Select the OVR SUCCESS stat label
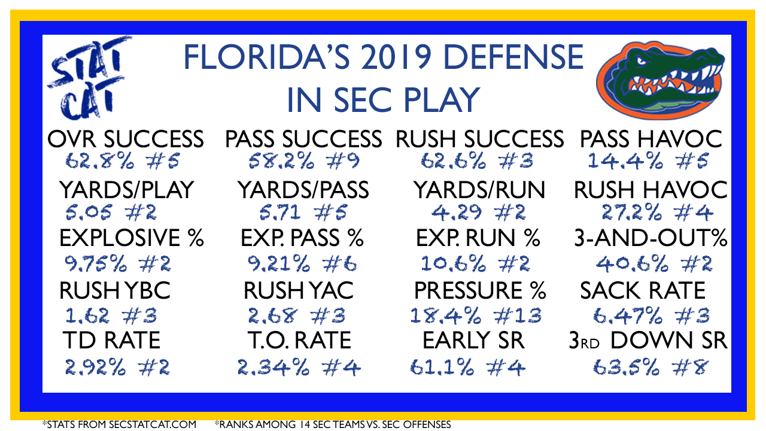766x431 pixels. (x=126, y=139)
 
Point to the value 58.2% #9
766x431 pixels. (x=303, y=161)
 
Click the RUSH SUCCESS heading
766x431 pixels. (x=479, y=139)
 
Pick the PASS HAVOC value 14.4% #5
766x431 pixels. (x=648, y=161)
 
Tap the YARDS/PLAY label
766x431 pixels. (x=126, y=190)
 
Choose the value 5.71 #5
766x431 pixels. (x=303, y=212)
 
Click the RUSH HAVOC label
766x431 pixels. (x=651, y=190)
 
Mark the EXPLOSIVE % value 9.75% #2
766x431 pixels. (x=118, y=264)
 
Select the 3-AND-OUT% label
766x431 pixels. (x=651, y=238)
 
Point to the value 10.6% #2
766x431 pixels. (x=475, y=264)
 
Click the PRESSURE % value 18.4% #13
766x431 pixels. (x=476, y=315)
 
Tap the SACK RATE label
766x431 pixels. (x=643, y=291)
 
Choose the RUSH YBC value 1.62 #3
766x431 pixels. (x=111, y=315)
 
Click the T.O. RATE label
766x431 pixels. (x=300, y=341)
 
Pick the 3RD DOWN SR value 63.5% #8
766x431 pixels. (x=650, y=368)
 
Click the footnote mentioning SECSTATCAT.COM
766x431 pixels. (x=119, y=424)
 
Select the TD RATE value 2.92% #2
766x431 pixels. (x=117, y=368)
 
